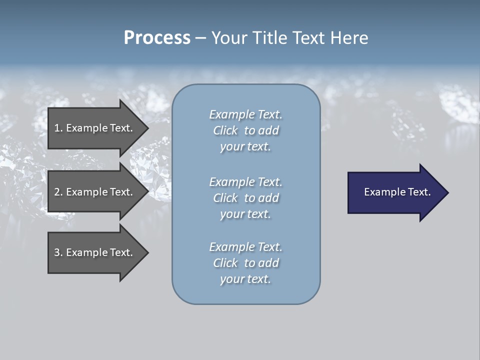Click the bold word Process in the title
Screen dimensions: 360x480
(157, 38)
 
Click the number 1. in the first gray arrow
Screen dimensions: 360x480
(58, 128)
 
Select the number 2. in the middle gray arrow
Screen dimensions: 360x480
(58, 192)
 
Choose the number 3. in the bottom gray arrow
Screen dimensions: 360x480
(58, 252)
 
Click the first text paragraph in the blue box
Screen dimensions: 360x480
(245, 130)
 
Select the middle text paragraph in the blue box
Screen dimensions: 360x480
(245, 198)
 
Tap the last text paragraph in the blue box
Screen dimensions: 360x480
(245, 263)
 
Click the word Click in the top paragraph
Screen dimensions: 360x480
(225, 130)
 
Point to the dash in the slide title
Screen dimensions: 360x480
(200, 38)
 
